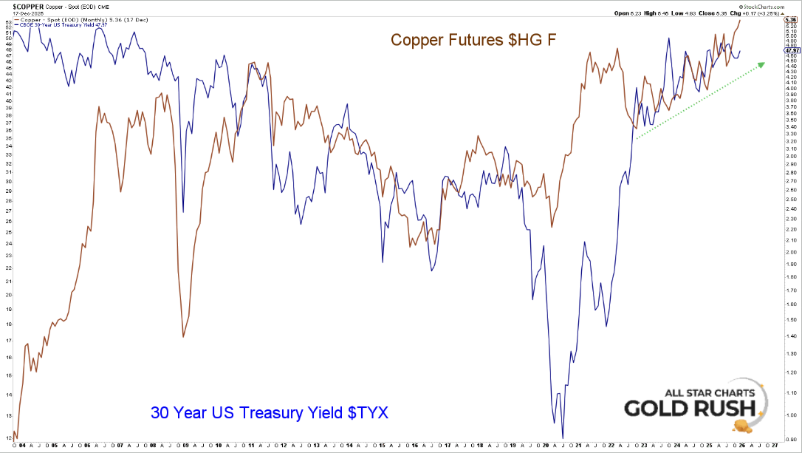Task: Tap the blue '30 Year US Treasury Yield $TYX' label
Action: (270, 412)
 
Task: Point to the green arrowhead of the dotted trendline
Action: (761, 64)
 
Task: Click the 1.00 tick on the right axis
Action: (790, 415)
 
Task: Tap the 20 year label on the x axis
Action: (546, 446)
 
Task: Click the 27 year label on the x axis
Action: (775, 446)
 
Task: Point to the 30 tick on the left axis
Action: (7, 181)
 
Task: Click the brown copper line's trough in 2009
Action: (183, 337)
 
